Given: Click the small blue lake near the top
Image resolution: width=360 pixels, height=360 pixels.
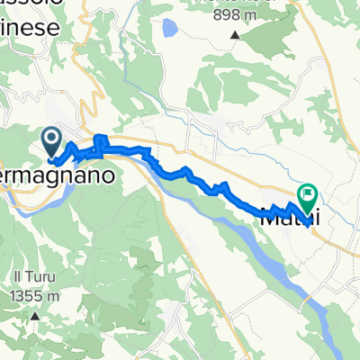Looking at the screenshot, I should coord(169,30).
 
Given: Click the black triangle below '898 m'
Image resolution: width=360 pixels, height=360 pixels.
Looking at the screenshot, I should coord(236,36).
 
